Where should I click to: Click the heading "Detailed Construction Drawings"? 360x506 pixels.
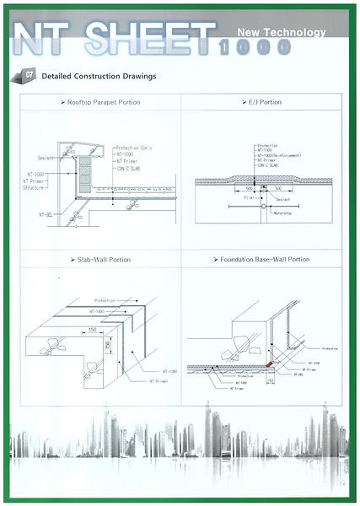(98, 77)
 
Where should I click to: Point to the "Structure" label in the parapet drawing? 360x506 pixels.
(34, 188)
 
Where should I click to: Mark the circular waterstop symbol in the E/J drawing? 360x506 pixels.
(264, 205)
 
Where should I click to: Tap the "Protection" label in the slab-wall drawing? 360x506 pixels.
(105, 300)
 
